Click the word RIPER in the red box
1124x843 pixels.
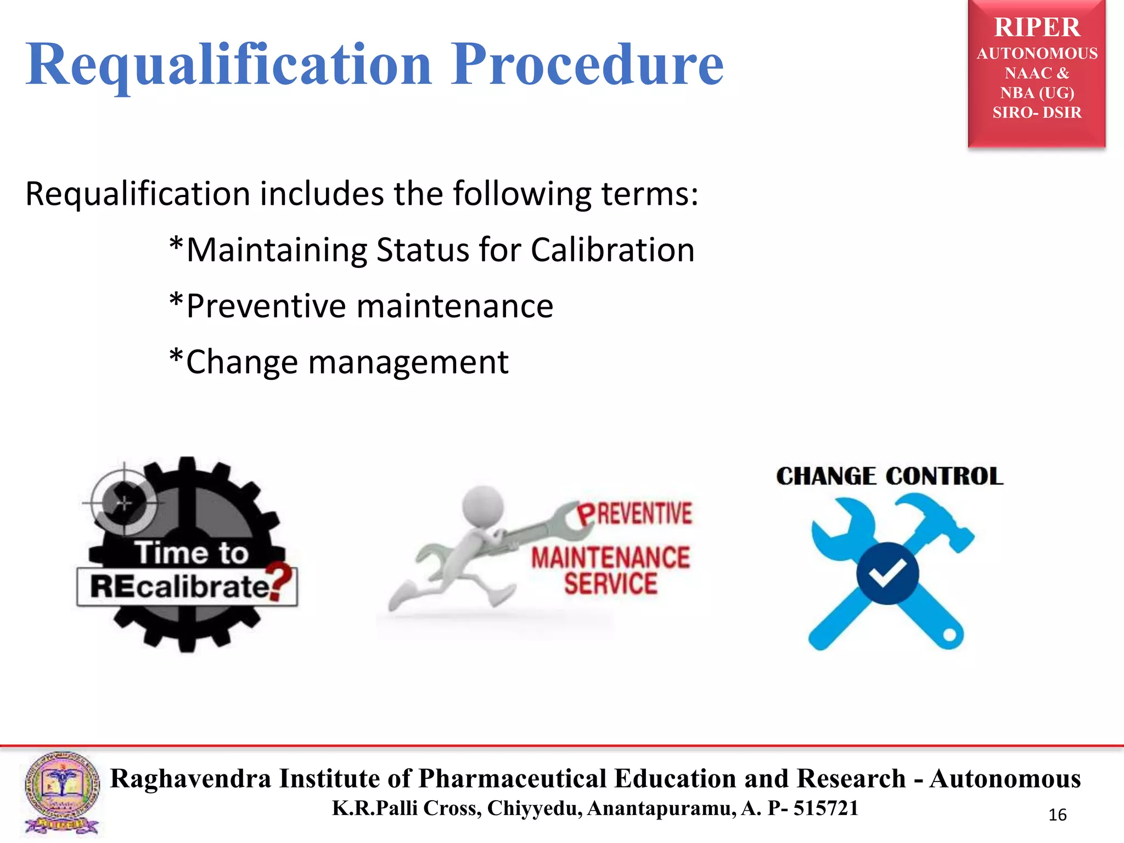tap(1037, 27)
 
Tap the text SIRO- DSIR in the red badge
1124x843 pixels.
tap(1037, 113)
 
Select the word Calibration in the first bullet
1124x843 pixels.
tap(612, 250)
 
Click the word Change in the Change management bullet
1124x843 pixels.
tap(241, 363)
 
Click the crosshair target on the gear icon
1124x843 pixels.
tap(125, 502)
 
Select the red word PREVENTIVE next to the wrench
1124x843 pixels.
tap(635, 514)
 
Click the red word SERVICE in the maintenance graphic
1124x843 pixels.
tap(610, 583)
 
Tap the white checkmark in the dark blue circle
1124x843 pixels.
tap(887, 574)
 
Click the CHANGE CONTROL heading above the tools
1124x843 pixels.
tap(889, 476)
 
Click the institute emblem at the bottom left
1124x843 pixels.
tap(62, 794)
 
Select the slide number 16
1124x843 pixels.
tap(1057, 815)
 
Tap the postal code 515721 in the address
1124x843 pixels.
tap(825, 808)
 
